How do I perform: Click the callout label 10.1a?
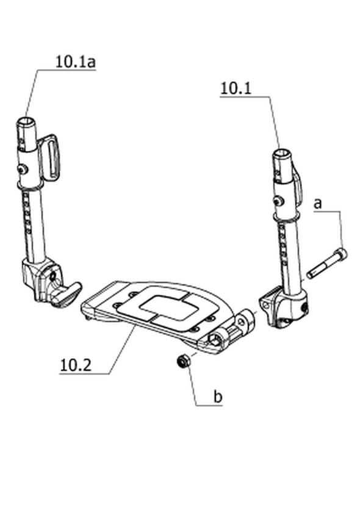point(76,62)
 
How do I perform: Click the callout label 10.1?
point(236,88)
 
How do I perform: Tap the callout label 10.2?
point(76,365)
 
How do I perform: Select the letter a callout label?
point(318,204)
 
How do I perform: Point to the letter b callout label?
point(218,397)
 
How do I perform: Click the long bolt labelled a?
point(326,264)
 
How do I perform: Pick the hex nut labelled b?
point(182,361)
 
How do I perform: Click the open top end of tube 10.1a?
point(26,122)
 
